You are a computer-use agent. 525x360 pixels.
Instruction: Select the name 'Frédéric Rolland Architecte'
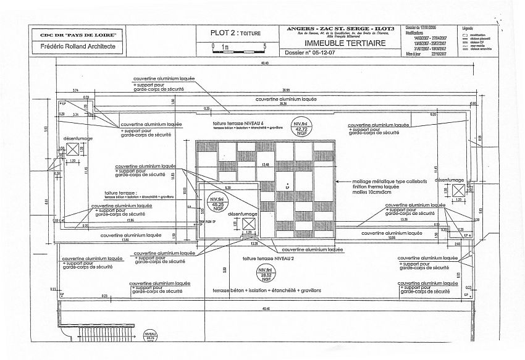pos(77,46)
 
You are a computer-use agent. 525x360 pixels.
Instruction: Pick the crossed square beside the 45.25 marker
pos(250,224)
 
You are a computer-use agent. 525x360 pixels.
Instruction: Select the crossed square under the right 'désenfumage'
pos(458,190)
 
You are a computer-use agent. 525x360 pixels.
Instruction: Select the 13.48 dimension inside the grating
pos(266,164)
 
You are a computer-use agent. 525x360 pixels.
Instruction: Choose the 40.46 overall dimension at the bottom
pos(266,309)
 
